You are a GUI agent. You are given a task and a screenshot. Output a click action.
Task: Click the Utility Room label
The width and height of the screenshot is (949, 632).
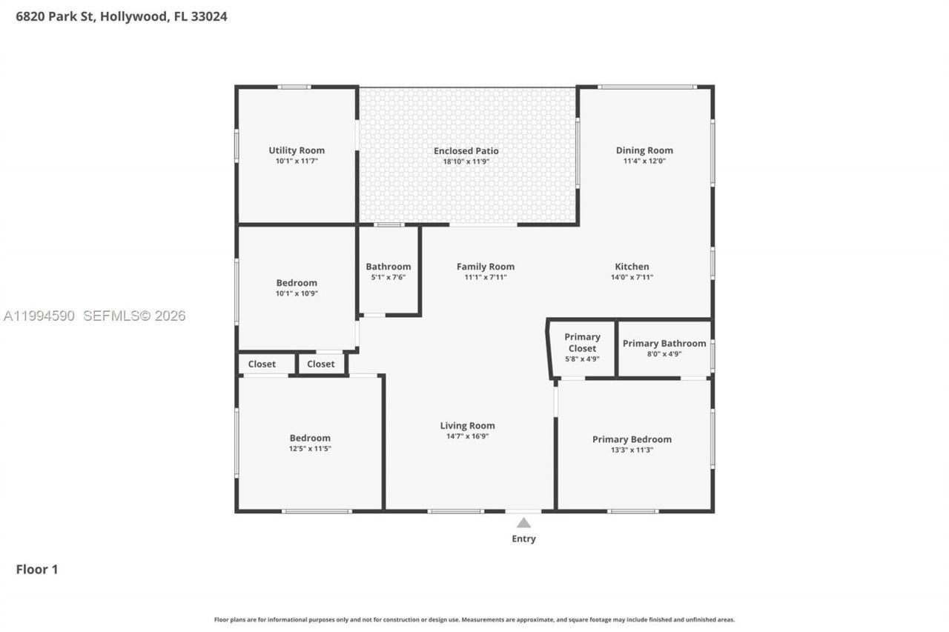click(297, 150)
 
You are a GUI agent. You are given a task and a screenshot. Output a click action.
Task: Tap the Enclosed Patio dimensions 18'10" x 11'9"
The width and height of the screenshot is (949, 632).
click(466, 162)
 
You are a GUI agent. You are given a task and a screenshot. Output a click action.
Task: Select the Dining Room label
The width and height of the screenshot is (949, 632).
click(644, 150)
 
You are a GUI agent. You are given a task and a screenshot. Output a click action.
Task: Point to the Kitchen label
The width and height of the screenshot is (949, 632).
click(632, 267)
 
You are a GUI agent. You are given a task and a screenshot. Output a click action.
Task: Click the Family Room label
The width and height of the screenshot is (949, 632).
click(485, 267)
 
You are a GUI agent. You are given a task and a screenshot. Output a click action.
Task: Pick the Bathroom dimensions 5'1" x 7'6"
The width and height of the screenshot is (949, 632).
click(388, 277)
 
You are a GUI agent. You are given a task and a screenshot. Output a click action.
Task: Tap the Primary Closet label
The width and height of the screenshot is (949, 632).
click(582, 342)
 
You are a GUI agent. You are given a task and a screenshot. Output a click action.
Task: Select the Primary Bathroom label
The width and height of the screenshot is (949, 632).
click(664, 343)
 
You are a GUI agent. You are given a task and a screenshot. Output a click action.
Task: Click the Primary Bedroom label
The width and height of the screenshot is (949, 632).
click(632, 439)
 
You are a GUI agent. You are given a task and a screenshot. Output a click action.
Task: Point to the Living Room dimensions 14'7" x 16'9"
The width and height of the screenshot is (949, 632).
click(467, 436)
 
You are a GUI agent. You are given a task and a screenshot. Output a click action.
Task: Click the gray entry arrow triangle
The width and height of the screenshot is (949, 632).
click(523, 523)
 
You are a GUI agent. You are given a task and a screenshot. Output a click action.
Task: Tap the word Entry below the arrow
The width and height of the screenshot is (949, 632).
click(523, 539)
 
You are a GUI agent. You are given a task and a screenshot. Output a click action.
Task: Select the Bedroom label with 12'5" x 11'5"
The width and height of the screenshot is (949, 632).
click(310, 438)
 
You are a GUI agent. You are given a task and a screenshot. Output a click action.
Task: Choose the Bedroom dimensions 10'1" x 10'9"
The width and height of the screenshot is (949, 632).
click(297, 293)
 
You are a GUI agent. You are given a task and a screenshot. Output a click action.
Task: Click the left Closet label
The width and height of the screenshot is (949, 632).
click(262, 364)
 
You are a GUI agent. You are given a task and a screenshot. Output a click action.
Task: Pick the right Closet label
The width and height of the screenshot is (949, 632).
click(321, 364)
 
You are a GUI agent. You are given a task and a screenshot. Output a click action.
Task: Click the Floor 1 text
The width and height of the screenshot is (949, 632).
click(37, 569)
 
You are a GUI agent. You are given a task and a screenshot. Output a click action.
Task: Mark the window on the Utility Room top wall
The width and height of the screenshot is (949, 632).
click(294, 87)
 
